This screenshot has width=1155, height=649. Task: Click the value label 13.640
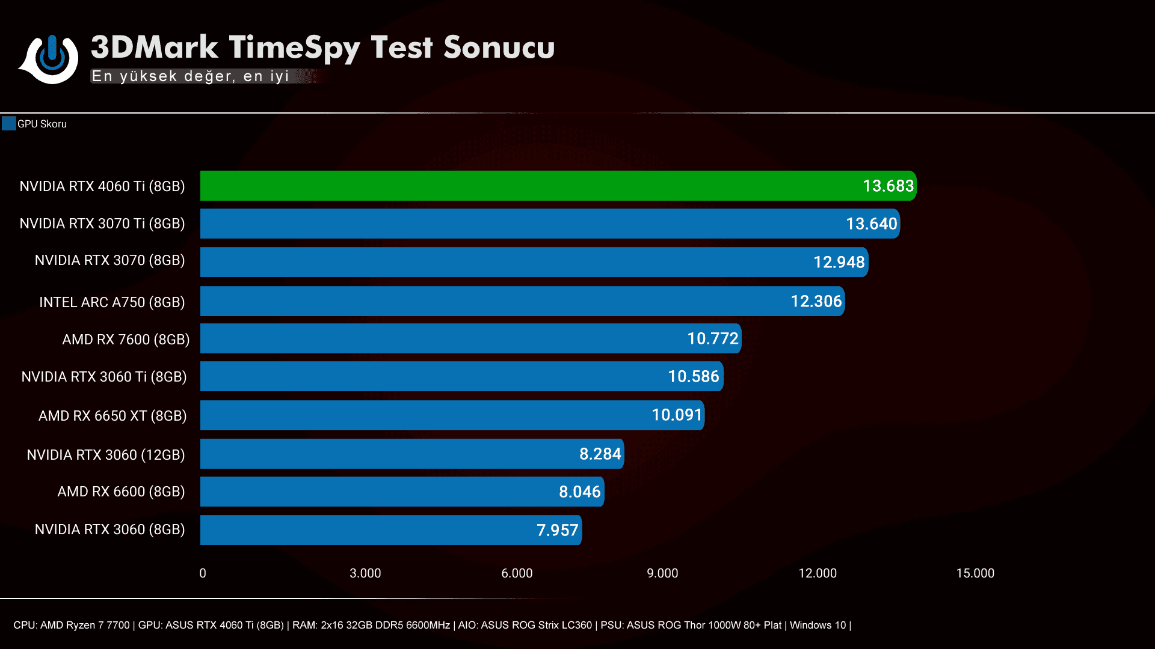point(871,224)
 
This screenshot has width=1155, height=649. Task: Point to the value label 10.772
point(712,339)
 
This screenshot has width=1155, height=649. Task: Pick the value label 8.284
point(600,454)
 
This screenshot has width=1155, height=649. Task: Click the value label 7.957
point(557,530)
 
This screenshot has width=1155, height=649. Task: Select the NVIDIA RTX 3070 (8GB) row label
point(109,260)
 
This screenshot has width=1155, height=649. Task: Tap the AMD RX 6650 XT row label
point(112,416)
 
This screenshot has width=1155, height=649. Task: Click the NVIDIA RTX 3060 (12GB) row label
point(106,455)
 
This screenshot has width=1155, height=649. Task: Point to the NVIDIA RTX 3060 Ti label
point(104,377)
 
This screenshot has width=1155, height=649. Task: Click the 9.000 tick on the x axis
point(662,573)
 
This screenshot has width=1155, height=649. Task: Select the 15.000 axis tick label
point(975,573)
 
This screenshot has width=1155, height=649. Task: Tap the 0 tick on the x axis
point(203,573)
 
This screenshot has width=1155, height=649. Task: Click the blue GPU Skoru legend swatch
point(8,124)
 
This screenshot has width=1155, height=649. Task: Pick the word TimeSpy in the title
point(294,48)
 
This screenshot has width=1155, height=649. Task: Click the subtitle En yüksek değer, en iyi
point(190,76)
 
